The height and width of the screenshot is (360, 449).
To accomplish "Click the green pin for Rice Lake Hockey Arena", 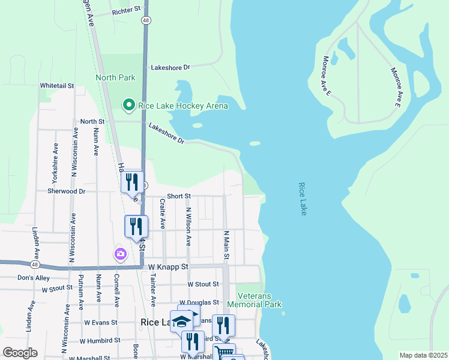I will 128,106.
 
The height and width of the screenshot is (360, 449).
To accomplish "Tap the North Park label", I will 115,77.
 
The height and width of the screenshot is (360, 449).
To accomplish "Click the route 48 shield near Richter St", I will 146,20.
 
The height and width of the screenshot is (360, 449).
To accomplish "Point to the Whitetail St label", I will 56,86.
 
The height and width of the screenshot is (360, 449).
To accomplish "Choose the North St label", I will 92,121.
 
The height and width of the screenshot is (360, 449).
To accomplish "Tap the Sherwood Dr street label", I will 67,191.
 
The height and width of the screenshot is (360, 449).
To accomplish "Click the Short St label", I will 178,196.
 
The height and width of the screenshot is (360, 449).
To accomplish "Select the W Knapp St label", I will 169,266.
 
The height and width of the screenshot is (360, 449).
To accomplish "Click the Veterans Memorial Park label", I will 259,301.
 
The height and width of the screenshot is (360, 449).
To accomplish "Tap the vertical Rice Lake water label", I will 302,199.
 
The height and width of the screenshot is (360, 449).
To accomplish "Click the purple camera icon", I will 121,254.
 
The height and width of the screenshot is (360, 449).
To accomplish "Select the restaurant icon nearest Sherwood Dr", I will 132,182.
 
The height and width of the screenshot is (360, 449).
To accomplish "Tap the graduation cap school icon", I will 181,321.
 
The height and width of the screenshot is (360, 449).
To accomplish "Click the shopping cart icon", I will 223,352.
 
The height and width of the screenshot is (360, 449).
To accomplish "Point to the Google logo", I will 20,353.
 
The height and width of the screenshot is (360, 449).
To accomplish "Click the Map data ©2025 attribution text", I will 423,355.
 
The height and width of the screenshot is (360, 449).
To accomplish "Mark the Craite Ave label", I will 163,215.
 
